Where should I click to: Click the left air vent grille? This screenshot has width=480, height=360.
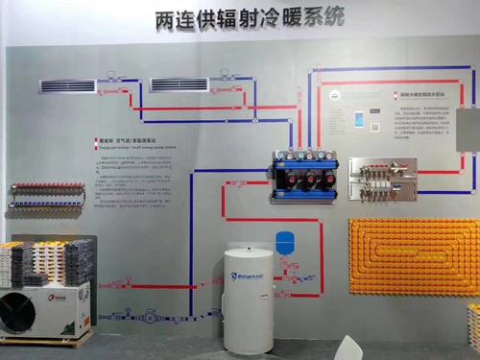point(68,86)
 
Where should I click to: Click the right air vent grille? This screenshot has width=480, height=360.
point(180,84)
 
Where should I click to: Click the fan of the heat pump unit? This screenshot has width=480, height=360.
point(18,312)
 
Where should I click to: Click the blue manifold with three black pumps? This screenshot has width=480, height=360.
point(305,175)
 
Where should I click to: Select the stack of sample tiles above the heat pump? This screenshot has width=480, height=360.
point(48,262)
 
